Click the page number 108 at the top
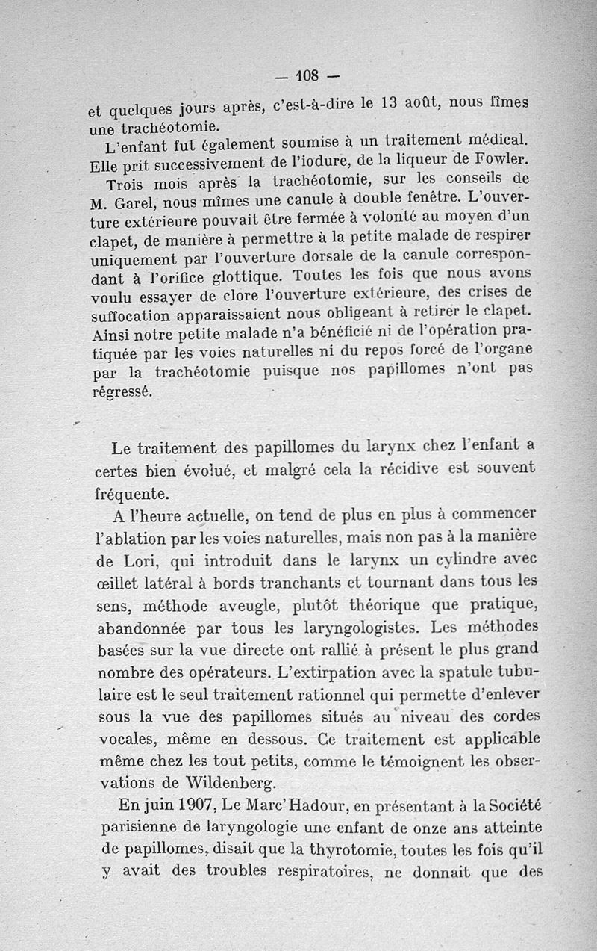click(x=307, y=75)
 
